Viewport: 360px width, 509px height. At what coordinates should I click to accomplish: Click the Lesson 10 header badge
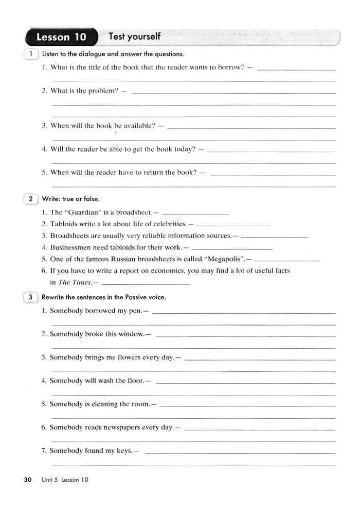coord(61,38)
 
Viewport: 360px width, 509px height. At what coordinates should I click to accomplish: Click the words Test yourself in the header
coord(135,37)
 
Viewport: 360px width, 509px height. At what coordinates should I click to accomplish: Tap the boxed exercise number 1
coord(31,54)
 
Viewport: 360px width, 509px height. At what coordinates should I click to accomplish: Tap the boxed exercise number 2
coord(31,198)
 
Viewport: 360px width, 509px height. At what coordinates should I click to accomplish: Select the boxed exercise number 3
coord(31,297)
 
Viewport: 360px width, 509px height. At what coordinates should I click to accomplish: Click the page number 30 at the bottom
coord(28,480)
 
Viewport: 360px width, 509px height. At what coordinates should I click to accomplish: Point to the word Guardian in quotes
coord(84,212)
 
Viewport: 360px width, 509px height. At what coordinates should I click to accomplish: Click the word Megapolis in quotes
coord(223,259)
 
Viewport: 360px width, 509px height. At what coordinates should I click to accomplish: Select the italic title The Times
coord(75,282)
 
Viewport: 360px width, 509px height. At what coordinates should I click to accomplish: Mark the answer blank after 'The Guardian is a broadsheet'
coord(195,213)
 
